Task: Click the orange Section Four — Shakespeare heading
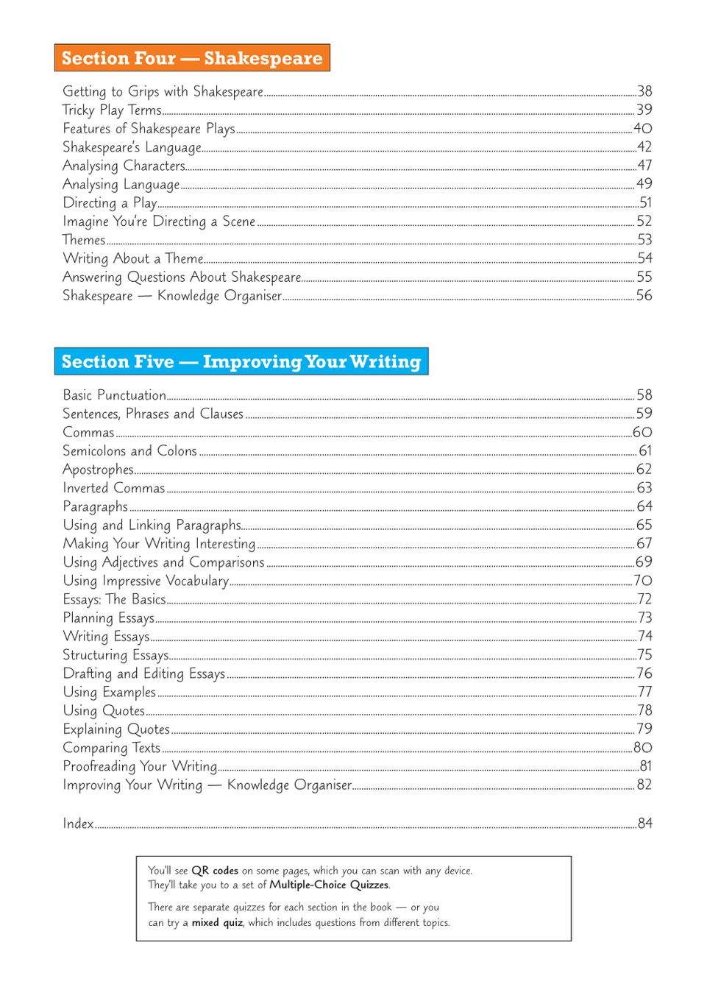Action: pyautogui.click(x=192, y=58)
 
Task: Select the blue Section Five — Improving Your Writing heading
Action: pyautogui.click(x=241, y=361)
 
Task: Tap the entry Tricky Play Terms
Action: pyautogui.click(x=112, y=110)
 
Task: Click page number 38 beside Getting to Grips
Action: pyautogui.click(x=644, y=91)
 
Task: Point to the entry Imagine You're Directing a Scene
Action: pyautogui.click(x=159, y=222)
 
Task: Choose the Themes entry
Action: pyautogui.click(x=84, y=240)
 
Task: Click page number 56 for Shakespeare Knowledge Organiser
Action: pyautogui.click(x=644, y=295)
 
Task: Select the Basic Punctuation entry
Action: pyautogui.click(x=114, y=395)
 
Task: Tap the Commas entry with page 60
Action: pyautogui.click(x=88, y=432)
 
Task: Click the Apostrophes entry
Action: pyautogui.click(x=98, y=470)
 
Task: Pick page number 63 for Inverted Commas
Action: pyautogui.click(x=644, y=488)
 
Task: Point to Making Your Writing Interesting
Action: pyautogui.click(x=159, y=544)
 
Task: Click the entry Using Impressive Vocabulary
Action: pyautogui.click(x=146, y=581)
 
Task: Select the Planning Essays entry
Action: pyautogui.click(x=108, y=618)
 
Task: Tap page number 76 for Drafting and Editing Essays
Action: pyautogui.click(x=644, y=673)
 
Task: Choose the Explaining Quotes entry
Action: pyautogui.click(x=116, y=729)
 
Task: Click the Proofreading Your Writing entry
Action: pyautogui.click(x=140, y=766)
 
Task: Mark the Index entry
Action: pyautogui.click(x=78, y=824)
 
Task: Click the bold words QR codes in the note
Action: pyautogui.click(x=215, y=871)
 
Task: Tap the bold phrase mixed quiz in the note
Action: pyautogui.click(x=217, y=923)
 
